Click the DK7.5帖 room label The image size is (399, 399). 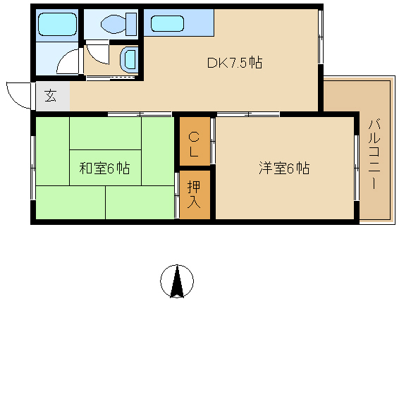coord(235,63)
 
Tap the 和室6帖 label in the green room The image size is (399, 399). coord(104,168)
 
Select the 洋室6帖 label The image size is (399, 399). coord(284,168)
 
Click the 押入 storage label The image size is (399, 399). coord(194,195)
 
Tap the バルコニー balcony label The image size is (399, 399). coord(374,154)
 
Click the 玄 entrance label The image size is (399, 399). coord(50,96)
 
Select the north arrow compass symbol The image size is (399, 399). coord(177,281)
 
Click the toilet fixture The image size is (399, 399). coord(118,25)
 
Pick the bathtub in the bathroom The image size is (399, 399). coord(57,25)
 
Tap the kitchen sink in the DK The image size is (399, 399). coord(167,24)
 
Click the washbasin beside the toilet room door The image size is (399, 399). coord(129,59)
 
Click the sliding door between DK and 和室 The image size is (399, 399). coord(140,113)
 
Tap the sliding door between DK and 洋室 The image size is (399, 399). coord(248,113)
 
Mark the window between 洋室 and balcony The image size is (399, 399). coord(357,168)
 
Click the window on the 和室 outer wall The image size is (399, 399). coord(33,168)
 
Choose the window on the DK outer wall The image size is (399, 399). coord(321,37)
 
